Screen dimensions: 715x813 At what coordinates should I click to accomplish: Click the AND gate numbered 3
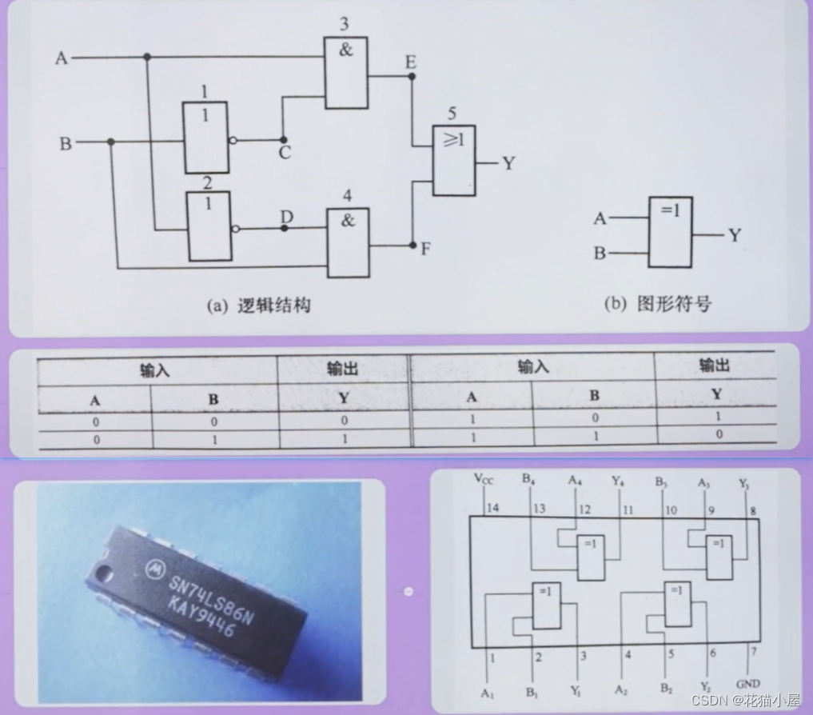(x=346, y=73)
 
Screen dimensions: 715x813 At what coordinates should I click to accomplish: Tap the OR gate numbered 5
(x=454, y=161)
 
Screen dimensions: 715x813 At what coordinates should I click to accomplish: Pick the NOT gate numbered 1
(x=205, y=138)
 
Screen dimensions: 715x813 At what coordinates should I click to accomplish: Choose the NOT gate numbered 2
(x=209, y=226)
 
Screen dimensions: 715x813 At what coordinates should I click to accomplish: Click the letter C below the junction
(x=285, y=152)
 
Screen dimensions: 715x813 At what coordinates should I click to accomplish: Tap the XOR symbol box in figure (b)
(x=670, y=232)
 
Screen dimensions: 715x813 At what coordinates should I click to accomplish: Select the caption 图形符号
(x=673, y=304)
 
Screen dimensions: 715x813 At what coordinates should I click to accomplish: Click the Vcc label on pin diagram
(x=484, y=480)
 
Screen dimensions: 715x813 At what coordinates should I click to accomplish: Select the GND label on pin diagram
(x=748, y=685)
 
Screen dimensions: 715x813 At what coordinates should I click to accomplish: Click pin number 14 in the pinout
(x=492, y=508)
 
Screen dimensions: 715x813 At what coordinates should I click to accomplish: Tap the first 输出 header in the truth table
(x=342, y=369)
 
